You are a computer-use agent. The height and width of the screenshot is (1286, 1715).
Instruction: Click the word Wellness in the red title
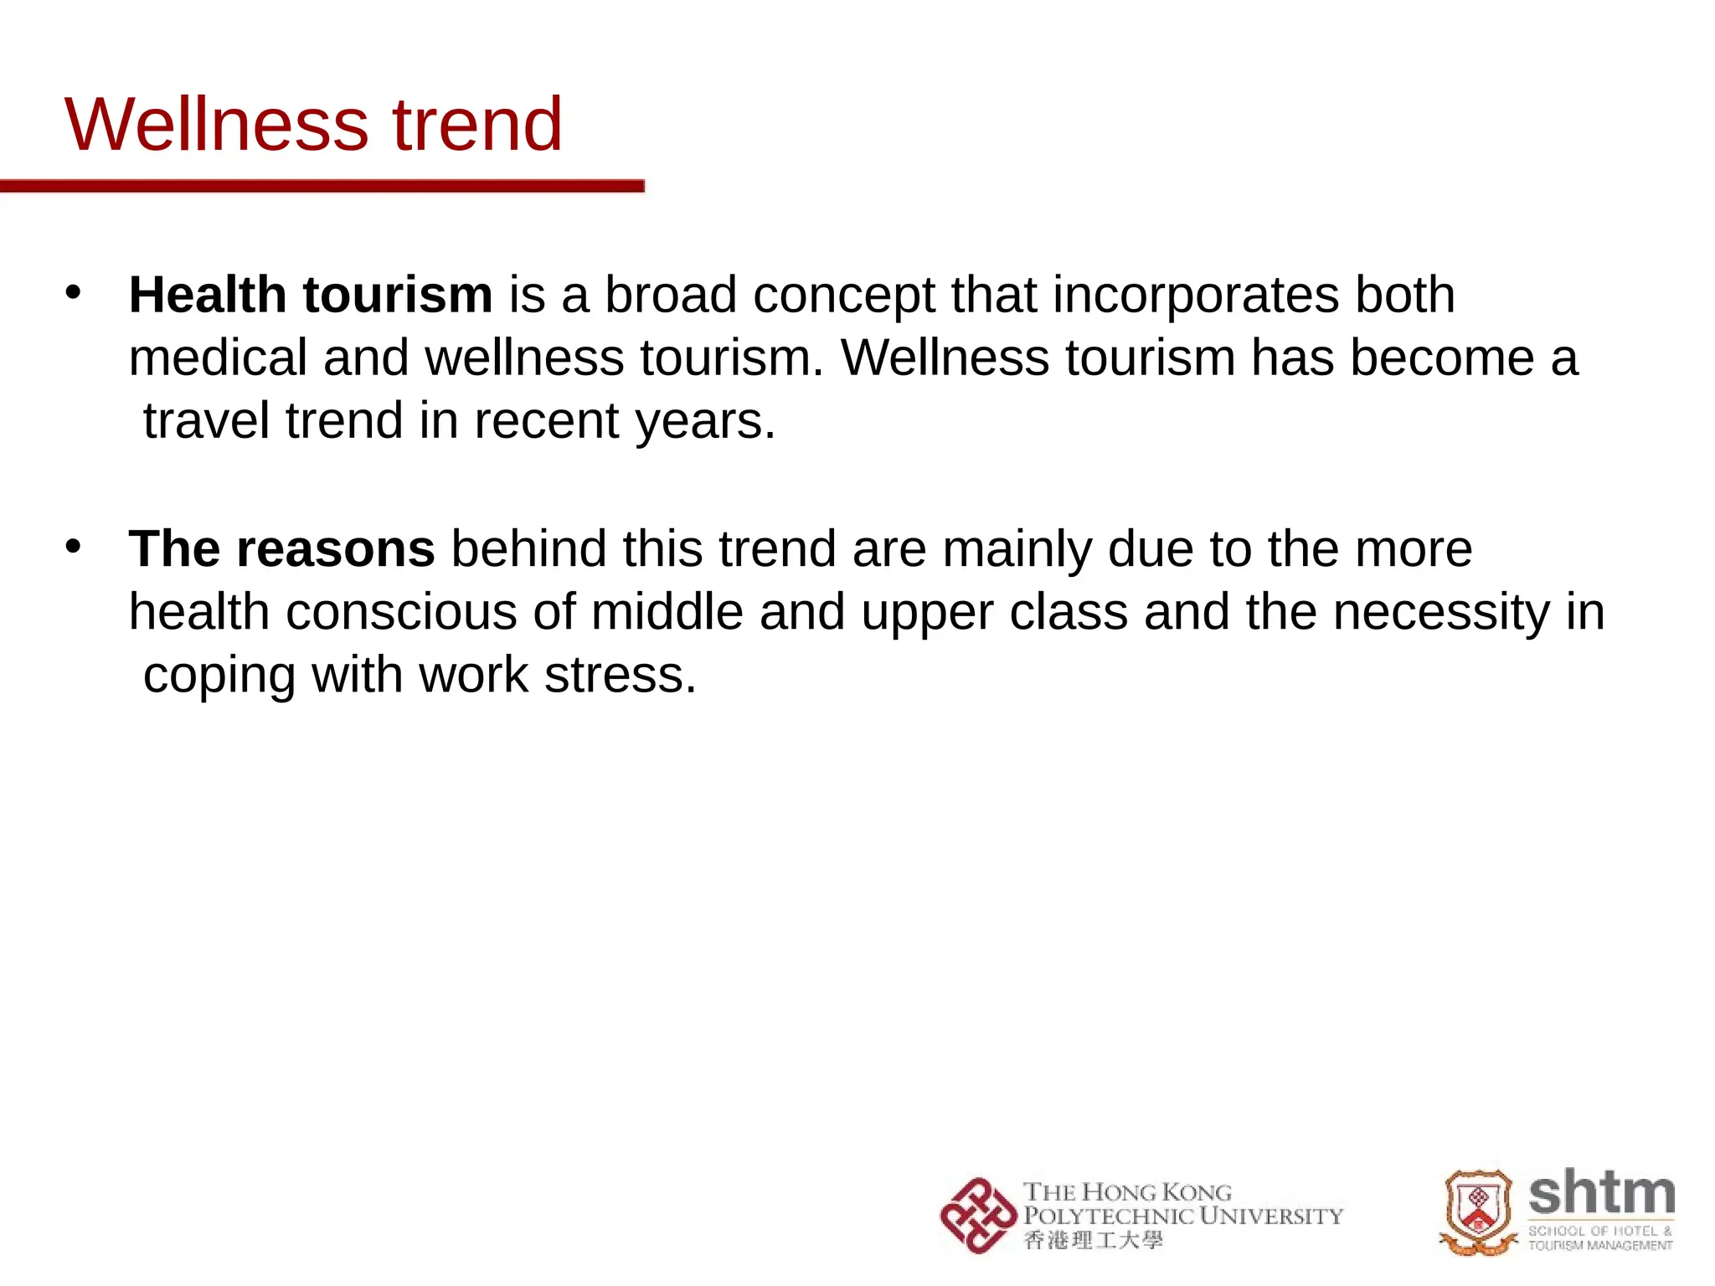click(x=217, y=125)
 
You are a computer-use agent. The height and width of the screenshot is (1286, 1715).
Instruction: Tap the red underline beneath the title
click(x=322, y=186)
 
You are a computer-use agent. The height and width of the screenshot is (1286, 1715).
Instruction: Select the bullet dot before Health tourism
click(x=74, y=292)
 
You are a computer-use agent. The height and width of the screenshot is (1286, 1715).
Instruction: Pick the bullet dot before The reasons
click(x=74, y=547)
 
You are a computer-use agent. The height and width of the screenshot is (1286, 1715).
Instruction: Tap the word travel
click(x=206, y=420)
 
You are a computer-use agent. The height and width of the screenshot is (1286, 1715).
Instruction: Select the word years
click(x=705, y=422)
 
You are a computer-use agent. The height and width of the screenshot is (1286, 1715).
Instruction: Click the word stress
click(x=620, y=675)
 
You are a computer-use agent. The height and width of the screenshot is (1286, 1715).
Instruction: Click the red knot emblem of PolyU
click(x=977, y=1216)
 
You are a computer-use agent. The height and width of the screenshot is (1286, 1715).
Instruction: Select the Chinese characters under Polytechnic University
click(x=1093, y=1240)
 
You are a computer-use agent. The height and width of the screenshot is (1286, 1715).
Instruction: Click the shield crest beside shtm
click(x=1478, y=1211)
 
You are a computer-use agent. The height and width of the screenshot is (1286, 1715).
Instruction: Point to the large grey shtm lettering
click(x=1601, y=1193)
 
